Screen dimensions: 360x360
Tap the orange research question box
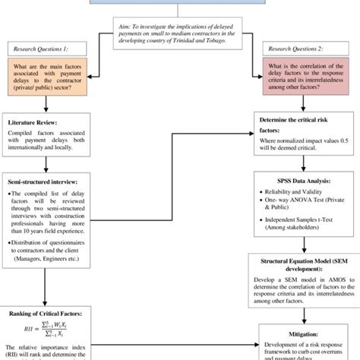50,79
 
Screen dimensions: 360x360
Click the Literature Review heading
36,122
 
